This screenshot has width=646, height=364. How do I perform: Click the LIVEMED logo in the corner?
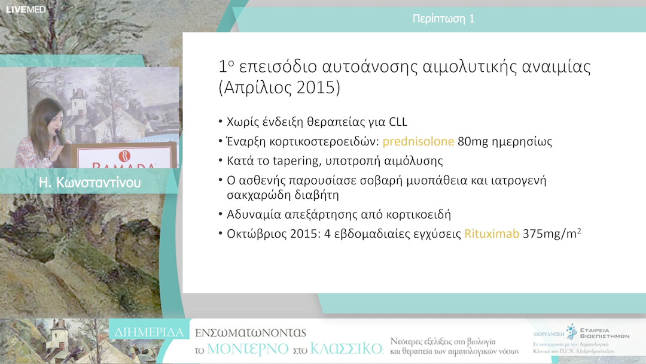[x=26, y=10]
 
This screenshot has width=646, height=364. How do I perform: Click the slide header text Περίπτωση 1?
[x=443, y=19]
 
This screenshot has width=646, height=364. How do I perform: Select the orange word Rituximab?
[x=491, y=233]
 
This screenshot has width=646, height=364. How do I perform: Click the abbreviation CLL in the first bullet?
[x=396, y=122]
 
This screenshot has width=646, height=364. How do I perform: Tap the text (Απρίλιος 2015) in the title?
[x=279, y=87]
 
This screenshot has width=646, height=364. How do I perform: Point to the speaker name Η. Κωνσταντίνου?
[x=89, y=182]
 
